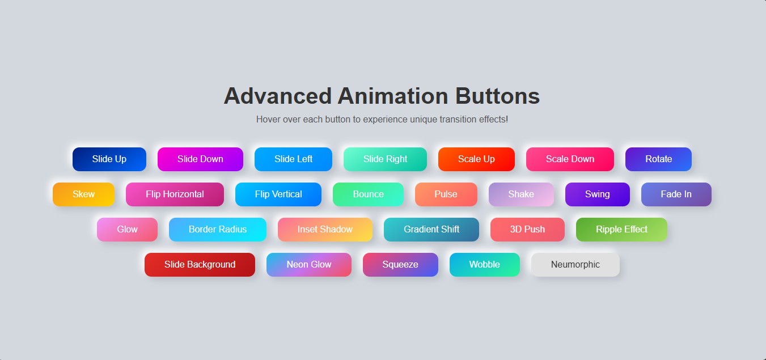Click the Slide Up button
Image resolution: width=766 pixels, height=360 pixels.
tap(109, 159)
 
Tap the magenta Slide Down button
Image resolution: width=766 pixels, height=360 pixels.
tap(200, 159)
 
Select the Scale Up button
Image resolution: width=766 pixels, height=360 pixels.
tap(476, 159)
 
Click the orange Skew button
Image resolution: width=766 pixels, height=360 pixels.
tap(83, 194)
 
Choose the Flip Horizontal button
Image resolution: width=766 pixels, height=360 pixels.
tap(175, 194)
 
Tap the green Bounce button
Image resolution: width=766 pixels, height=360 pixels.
tap(368, 194)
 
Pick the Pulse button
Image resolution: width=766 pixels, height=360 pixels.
tap(446, 194)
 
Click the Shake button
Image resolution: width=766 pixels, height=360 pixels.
tap(521, 194)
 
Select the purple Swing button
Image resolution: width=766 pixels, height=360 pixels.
tap(597, 194)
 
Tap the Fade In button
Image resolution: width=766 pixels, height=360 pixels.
tap(676, 194)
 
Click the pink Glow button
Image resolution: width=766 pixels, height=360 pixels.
tap(127, 230)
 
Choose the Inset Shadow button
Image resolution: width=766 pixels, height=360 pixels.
tap(325, 230)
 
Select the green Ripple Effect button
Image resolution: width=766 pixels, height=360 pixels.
tap(621, 230)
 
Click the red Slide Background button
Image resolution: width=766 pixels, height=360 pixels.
tap(200, 265)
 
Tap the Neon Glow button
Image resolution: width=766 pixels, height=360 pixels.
tap(308, 265)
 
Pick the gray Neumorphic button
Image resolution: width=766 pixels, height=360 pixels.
tap(575, 265)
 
